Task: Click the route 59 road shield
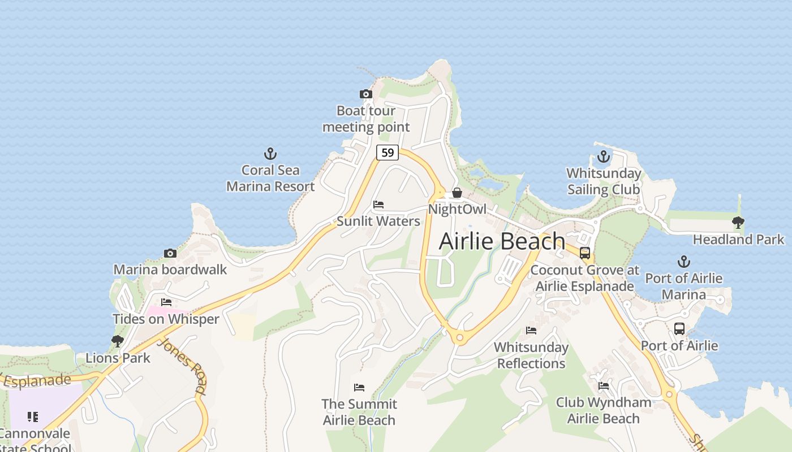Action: (x=388, y=153)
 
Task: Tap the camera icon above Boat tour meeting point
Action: (x=366, y=94)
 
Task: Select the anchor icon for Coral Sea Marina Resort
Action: (x=270, y=154)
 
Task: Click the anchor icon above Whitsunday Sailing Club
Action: (x=604, y=157)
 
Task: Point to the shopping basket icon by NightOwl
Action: (x=457, y=193)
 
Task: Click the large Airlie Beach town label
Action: (x=502, y=241)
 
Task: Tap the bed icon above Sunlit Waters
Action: (x=378, y=205)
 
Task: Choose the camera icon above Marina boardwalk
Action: (x=170, y=253)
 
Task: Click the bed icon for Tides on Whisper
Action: (x=166, y=302)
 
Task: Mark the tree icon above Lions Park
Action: (x=118, y=341)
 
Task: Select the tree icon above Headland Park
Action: (x=738, y=223)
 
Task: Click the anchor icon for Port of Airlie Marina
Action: (x=684, y=262)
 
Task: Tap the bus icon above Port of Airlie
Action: (x=679, y=329)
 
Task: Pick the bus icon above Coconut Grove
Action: (x=585, y=253)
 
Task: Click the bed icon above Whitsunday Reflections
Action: (x=531, y=331)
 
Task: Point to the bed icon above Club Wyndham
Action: (x=604, y=386)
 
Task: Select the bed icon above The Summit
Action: (x=359, y=388)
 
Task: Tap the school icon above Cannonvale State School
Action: (x=33, y=417)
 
